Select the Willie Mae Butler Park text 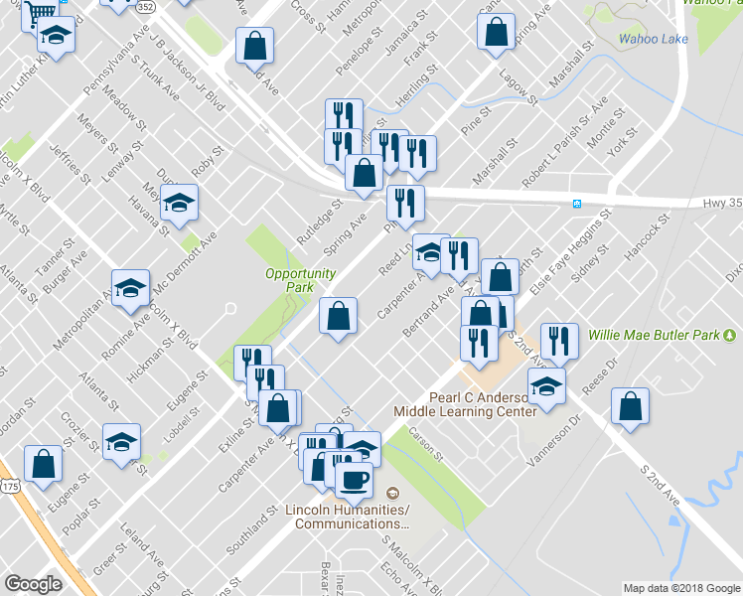[654, 335]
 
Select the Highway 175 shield [9, 487]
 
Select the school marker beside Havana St [179, 205]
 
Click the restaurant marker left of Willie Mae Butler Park [559, 341]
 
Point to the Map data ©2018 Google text [681, 587]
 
